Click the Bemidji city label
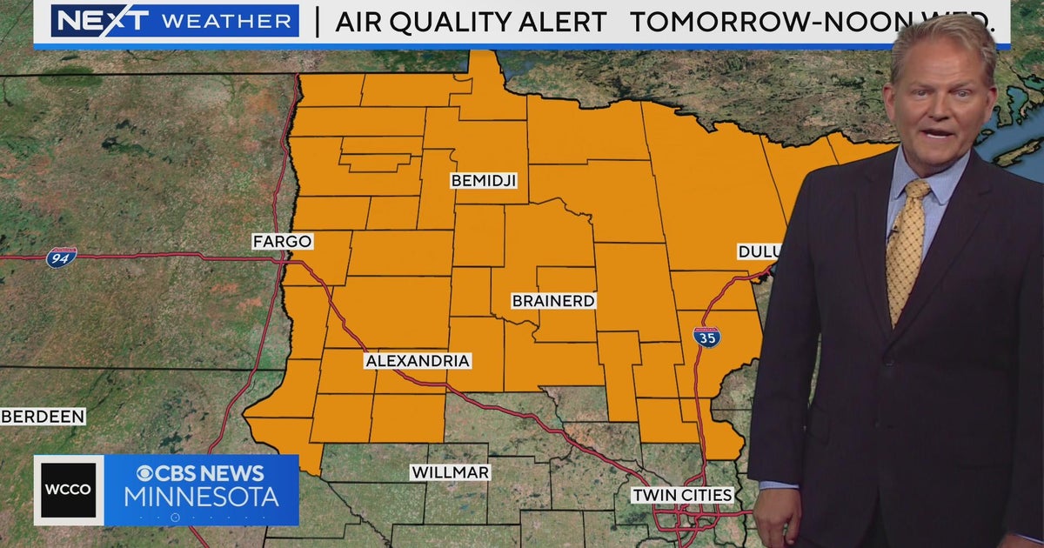(x=484, y=181)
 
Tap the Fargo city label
(x=282, y=241)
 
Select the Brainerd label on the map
(x=553, y=301)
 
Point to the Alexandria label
(x=418, y=360)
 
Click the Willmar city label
(x=451, y=472)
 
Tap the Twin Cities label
(x=682, y=495)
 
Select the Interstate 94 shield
(x=61, y=257)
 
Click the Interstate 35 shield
(x=706, y=337)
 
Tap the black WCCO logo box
(x=69, y=490)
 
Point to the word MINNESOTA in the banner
(x=201, y=498)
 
